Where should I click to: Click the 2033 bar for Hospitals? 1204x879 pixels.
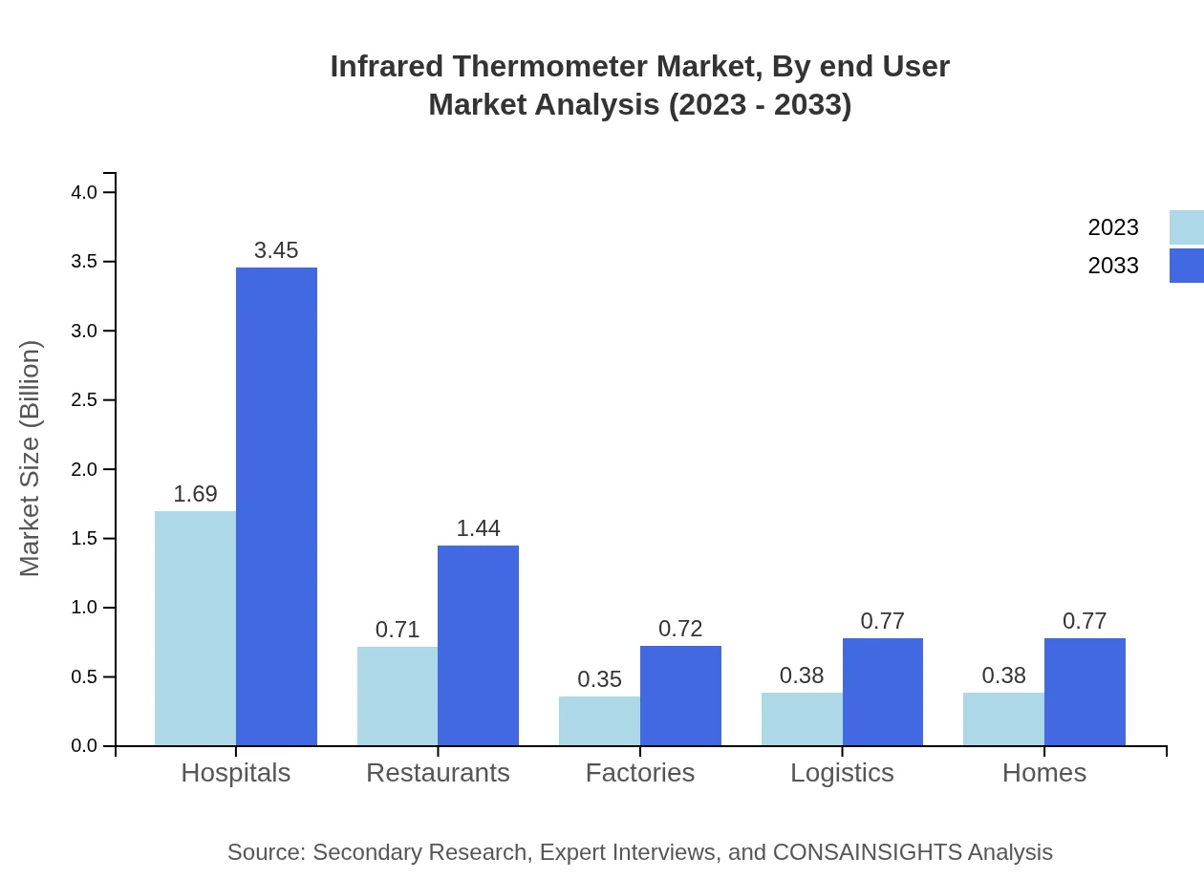point(276,506)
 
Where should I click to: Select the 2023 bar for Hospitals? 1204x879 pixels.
point(195,628)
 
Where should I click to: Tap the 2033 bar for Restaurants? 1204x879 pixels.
point(478,645)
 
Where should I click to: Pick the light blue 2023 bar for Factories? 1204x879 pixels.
point(599,720)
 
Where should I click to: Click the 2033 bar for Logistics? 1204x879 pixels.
point(883,692)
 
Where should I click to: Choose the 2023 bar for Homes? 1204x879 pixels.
point(1003,718)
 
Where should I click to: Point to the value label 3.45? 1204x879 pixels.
point(276,250)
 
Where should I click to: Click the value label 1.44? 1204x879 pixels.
point(478,528)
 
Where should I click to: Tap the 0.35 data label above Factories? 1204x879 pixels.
point(599,679)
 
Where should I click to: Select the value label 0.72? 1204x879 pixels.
point(680,629)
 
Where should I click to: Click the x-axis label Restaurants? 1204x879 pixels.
point(438,773)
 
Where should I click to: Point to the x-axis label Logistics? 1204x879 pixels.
point(842,773)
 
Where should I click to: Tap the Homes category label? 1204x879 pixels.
point(1043,773)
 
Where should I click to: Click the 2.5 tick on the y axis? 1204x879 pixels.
point(85,400)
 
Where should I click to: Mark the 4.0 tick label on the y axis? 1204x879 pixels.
point(85,192)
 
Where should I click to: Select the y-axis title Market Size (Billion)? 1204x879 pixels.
point(31,459)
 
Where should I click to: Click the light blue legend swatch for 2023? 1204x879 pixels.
point(1186,227)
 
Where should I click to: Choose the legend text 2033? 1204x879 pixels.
point(1113,266)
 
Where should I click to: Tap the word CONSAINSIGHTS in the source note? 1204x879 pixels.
point(866,852)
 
